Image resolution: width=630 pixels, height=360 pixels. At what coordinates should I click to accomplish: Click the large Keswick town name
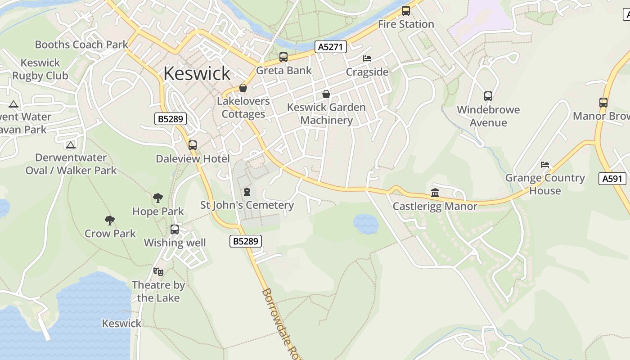197,73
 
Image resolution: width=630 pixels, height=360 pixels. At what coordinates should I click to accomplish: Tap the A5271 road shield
330,46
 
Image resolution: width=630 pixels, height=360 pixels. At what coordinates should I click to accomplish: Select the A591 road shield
613,179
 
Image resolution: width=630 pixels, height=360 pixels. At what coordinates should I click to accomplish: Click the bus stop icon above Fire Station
406,11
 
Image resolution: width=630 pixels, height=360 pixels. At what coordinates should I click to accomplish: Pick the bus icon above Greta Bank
283,57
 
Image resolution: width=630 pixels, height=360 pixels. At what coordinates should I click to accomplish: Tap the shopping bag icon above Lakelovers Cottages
243,88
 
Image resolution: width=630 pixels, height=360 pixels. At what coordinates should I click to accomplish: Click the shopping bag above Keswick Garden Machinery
326,94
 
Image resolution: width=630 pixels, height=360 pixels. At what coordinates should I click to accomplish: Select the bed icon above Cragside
367,58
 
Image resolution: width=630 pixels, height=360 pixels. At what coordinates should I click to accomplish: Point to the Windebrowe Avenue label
488,116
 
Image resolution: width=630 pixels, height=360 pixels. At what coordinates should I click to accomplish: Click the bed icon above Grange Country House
545,165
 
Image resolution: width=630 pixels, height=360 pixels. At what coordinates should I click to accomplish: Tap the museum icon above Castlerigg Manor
435,193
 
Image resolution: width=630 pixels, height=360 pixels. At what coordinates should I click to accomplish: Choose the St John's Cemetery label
247,205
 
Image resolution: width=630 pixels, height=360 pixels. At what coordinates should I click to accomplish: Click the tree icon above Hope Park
157,198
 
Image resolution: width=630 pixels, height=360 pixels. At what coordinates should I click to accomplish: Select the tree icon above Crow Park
110,220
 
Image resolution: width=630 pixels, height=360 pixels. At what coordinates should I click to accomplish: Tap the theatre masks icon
158,271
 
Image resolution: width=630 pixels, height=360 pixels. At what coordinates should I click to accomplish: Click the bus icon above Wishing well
175,229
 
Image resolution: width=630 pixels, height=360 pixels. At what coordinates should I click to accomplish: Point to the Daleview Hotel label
193,158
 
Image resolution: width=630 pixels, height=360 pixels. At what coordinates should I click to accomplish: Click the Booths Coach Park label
81,45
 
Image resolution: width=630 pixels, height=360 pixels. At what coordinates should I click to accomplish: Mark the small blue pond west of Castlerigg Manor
366,224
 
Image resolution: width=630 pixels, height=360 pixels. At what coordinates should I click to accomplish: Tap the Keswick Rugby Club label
40,69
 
